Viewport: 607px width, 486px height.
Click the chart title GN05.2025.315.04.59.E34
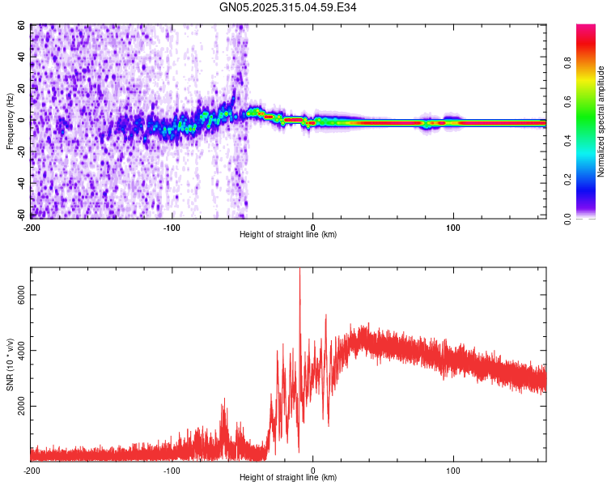coord(289,8)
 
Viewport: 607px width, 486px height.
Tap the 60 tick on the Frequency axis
coord(23,26)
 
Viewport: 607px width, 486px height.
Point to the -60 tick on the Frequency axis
coord(20,214)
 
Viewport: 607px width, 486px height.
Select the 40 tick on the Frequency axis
coord(23,58)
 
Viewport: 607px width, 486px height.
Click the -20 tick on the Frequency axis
coord(20,151)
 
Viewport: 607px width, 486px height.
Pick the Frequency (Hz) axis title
coord(10,121)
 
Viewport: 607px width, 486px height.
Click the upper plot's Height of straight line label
coord(288,235)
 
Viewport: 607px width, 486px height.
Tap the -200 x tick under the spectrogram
coord(32,227)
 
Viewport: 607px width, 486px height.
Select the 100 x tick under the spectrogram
coord(453,227)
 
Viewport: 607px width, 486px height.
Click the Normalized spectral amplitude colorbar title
coord(601,122)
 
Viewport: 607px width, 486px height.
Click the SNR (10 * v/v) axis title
coord(10,364)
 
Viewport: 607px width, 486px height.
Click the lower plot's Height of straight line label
coord(288,478)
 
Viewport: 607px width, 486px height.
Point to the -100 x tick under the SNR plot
coord(172,470)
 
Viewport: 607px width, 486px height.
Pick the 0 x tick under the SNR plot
coord(312,470)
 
